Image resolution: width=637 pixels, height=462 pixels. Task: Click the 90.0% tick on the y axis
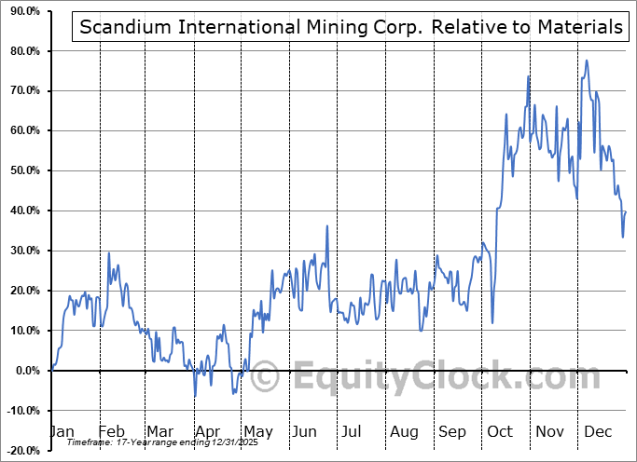(x=21, y=10)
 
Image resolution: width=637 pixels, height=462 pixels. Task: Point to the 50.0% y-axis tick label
(x=21, y=170)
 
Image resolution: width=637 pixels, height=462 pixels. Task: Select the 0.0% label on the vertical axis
(x=24, y=371)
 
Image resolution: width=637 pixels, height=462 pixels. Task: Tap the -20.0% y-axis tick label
(x=20, y=451)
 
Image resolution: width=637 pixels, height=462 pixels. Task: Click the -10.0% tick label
(x=20, y=411)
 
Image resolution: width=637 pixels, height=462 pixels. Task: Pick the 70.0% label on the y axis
(x=21, y=90)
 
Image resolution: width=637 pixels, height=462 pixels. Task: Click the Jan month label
(x=61, y=431)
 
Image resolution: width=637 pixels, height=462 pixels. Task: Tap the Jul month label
(x=352, y=431)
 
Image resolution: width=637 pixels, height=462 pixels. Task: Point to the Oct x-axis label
(x=499, y=431)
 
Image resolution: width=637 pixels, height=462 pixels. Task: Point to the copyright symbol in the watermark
(x=265, y=378)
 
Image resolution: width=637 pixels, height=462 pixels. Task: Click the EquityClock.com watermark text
(x=438, y=378)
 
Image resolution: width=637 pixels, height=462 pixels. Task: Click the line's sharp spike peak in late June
(x=326, y=225)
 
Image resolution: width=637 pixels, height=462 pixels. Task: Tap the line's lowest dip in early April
(x=195, y=396)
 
